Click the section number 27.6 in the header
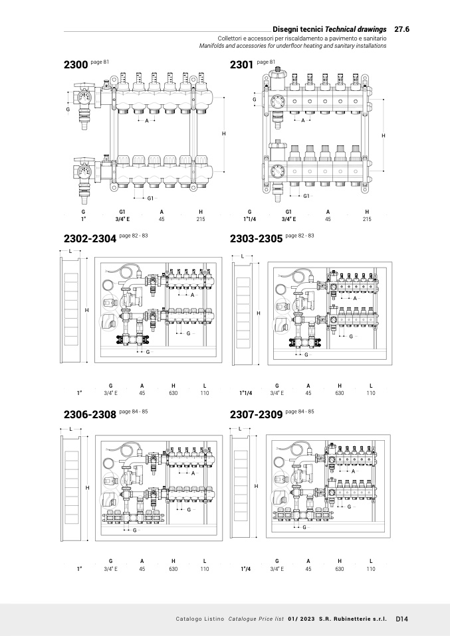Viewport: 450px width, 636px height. pos(401,29)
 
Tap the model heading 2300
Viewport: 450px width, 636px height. pos(75,65)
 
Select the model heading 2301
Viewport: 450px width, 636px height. pos(241,65)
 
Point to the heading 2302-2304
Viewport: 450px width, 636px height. pos(90,238)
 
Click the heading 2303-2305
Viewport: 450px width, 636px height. pos(256,238)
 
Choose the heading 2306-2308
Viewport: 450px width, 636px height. pos(90,414)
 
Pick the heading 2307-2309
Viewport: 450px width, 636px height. pos(256,414)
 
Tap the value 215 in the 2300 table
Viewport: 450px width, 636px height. pos(201,218)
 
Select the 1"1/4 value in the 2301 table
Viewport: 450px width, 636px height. pos(250,218)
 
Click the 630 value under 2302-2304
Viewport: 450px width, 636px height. pos(173,393)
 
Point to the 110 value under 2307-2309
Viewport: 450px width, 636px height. pos(371,569)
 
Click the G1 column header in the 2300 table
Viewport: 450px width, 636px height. pos(122,211)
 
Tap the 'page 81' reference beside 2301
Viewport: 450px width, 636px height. pos(266,62)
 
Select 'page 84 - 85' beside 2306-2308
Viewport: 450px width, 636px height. pos(134,412)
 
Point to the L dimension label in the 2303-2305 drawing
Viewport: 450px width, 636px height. pos(243,256)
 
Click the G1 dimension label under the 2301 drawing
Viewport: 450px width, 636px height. pos(306,196)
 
